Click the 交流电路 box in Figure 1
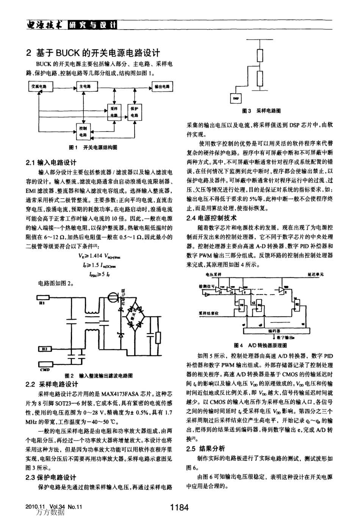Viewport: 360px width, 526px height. tap(38, 86)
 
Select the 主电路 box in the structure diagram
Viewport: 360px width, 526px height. tap(86, 86)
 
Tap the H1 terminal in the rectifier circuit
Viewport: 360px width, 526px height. tap(43, 299)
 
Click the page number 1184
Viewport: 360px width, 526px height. tap(179, 508)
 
